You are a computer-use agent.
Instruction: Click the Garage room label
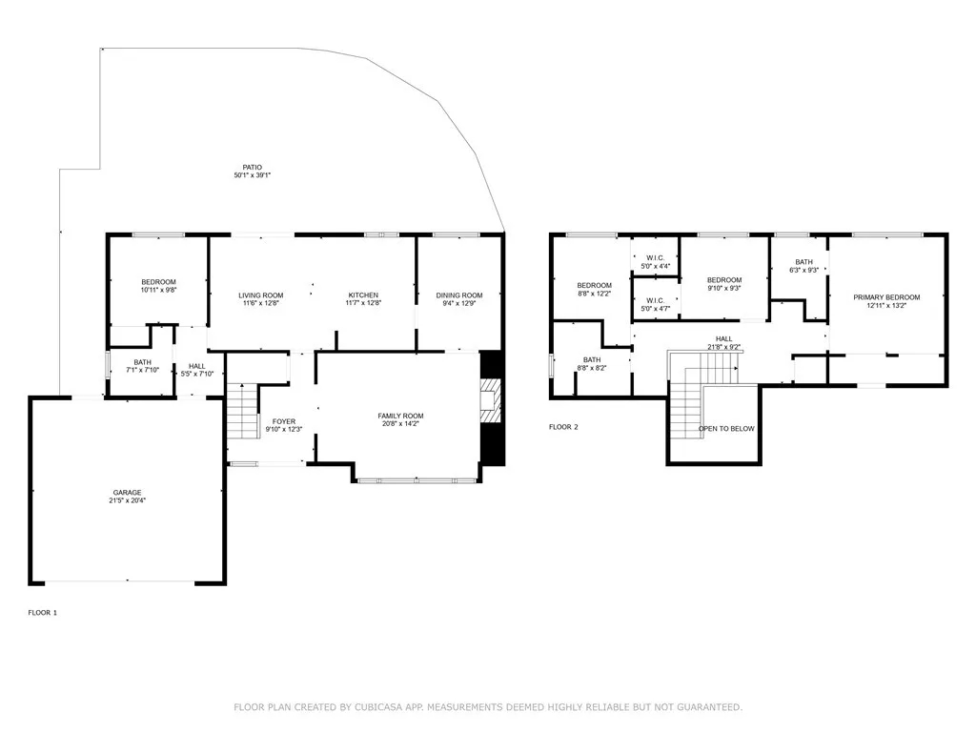pos(127,493)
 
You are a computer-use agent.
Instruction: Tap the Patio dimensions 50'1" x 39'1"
pos(252,175)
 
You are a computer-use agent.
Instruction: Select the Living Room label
pos(261,295)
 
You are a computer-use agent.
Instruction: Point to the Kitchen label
pos(363,295)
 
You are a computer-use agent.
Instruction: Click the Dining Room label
pos(459,295)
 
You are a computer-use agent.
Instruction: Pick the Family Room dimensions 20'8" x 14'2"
pos(400,424)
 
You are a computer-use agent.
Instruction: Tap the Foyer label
pos(284,421)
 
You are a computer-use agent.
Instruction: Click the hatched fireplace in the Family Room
pos(491,400)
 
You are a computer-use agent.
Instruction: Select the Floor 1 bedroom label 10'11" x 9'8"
pos(158,286)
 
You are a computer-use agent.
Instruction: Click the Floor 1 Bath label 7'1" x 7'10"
pos(143,366)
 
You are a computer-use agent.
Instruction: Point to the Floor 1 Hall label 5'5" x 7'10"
pos(196,371)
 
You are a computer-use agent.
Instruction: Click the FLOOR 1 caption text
pos(42,613)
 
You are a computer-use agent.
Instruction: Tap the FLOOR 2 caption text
pos(563,427)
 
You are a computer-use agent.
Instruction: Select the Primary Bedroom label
pos(886,297)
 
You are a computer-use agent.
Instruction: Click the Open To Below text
pos(726,429)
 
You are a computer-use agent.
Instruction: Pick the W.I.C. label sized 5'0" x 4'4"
pos(656,262)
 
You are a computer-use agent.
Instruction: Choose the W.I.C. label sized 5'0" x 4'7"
pos(656,304)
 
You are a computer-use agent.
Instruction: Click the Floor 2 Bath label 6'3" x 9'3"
pos(803,266)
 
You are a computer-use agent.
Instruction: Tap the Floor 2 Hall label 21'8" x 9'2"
pos(724,343)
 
